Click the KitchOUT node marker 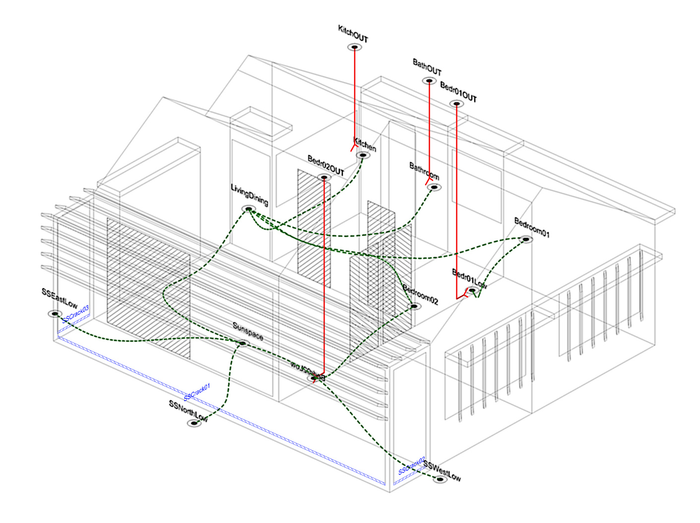354,47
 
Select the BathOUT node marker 429,80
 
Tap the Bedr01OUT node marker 456,104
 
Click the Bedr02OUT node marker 324,177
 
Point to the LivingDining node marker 248,209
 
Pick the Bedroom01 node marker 526,239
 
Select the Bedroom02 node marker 414,306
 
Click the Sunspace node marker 242,343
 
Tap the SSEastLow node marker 55,314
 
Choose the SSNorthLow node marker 194,423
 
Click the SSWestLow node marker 439,479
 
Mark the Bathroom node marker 434,187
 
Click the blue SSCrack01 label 197,392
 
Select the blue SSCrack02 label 412,466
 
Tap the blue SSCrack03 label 75,314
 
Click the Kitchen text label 365,145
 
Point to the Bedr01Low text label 469,279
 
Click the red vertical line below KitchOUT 355,94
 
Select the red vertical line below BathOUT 429,129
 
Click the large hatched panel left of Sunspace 149,288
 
